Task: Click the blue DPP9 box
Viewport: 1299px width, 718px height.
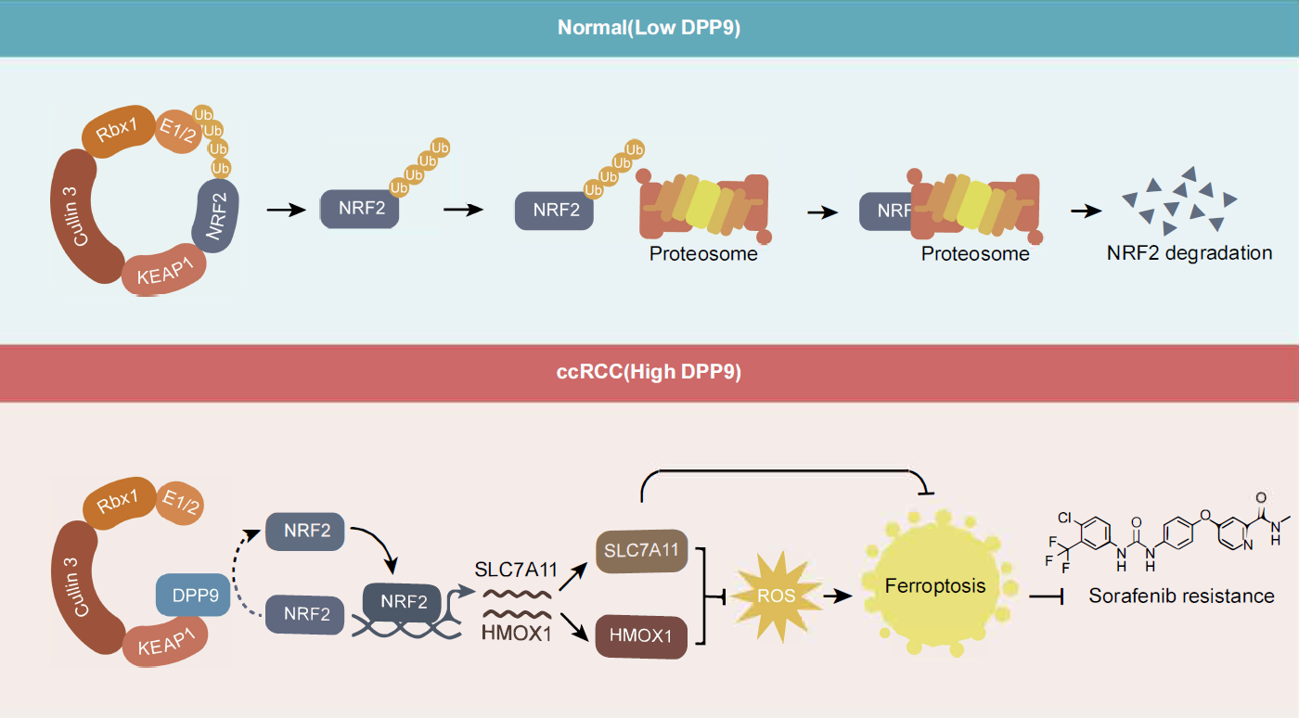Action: [195, 596]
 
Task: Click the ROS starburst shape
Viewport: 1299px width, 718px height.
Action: [776, 596]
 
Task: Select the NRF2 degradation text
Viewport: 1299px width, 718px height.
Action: [1189, 252]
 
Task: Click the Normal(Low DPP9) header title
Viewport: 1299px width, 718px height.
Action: [649, 27]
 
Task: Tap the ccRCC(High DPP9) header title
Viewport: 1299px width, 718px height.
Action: [649, 373]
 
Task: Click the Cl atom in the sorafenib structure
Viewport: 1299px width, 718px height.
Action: [1064, 517]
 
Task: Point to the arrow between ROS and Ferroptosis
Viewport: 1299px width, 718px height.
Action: [838, 596]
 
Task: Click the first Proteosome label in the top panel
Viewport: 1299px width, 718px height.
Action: [703, 252]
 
